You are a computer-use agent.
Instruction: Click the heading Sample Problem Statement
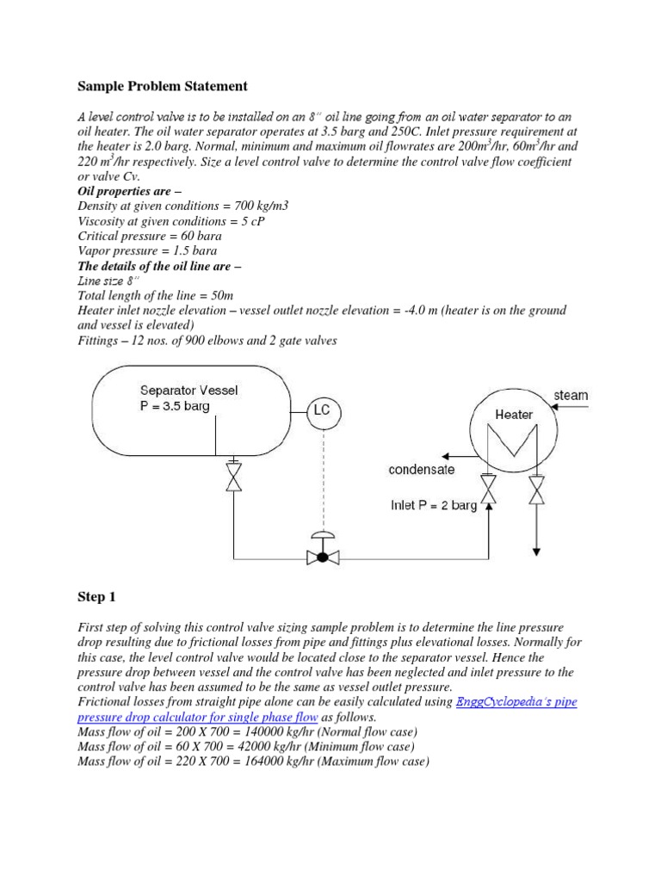(x=163, y=86)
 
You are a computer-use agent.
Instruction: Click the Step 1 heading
(x=96, y=597)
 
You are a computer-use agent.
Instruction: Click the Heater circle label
(x=514, y=414)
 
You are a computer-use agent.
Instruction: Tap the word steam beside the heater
(x=571, y=395)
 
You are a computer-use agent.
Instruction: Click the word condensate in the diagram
(x=422, y=470)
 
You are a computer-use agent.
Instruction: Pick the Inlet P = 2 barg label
(x=434, y=505)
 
